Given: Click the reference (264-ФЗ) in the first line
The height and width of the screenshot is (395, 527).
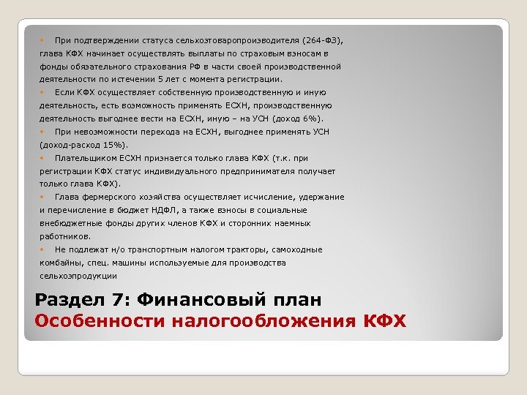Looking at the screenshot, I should tap(320, 40).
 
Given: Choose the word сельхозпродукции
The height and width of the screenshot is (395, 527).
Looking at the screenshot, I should tap(78, 276).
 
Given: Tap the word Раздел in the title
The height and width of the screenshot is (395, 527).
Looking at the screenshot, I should tap(64, 301).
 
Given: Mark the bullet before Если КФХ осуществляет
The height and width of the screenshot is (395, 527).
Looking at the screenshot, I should tap(43, 92).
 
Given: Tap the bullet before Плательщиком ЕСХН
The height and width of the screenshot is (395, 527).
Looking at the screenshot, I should tap(43, 158).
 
